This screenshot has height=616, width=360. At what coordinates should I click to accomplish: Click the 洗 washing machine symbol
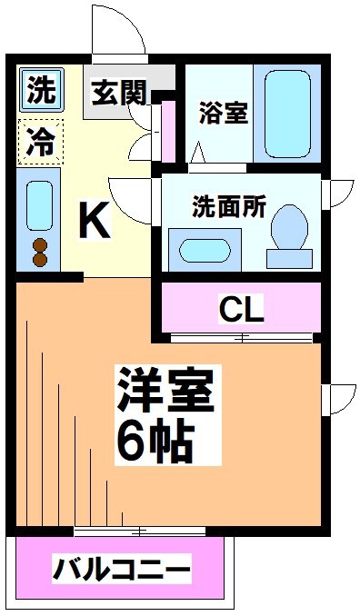coord(39,90)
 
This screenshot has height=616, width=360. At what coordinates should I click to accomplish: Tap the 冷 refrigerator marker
coord(39,141)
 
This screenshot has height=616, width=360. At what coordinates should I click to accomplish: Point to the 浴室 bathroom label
coord(225,115)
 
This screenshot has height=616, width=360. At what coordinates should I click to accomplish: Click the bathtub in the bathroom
coord(287,113)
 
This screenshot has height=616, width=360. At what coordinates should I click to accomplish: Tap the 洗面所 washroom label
coord(228,206)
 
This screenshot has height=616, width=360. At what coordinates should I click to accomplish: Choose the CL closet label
coord(242,310)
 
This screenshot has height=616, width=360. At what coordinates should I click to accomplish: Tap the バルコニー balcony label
coord(121,571)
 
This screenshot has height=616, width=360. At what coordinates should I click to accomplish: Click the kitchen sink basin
coord(39,204)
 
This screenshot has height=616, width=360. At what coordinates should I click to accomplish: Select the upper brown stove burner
coord(39,244)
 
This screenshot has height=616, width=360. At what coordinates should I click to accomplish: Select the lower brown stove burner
coord(39,260)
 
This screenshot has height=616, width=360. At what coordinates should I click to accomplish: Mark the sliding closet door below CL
coord(242,339)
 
